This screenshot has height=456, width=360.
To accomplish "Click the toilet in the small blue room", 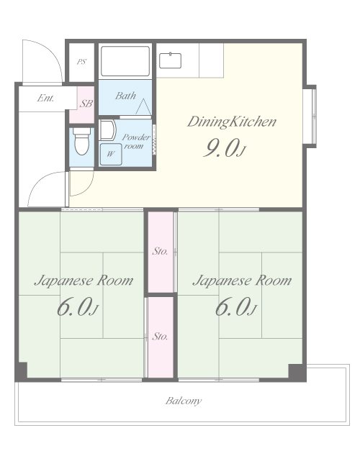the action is [x=81, y=142].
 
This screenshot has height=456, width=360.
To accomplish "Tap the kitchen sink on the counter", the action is [x=170, y=60].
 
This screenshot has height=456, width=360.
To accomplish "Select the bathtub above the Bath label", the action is [x=125, y=61].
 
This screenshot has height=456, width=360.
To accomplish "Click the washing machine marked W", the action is [x=111, y=154].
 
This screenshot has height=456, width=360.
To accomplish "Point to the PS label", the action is [x=82, y=62].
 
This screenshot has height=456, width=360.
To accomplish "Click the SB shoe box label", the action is [x=86, y=104].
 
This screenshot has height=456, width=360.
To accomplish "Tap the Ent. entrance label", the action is [x=45, y=98].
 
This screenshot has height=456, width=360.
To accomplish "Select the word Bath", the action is [x=125, y=96].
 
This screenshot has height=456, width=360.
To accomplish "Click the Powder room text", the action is [x=135, y=142].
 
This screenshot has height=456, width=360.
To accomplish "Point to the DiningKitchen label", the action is [x=232, y=122].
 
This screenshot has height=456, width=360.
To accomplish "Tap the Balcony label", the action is [x=184, y=401].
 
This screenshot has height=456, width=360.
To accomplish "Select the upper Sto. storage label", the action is [x=160, y=251].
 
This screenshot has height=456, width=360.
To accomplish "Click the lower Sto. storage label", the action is [x=160, y=337].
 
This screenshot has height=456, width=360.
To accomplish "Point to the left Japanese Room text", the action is [x=84, y=281].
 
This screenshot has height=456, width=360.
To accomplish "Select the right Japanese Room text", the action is [x=242, y=281].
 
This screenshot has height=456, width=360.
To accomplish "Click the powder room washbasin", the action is [x=108, y=130].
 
